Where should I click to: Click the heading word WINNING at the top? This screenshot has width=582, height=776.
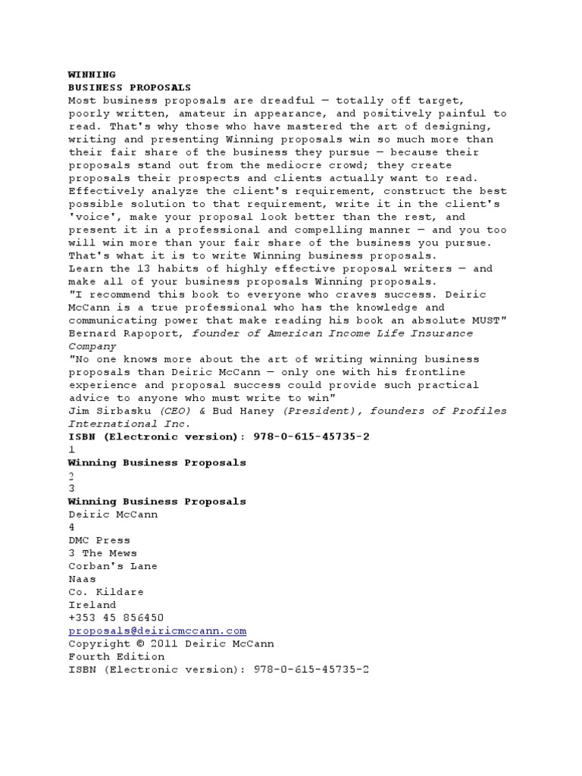click(92, 74)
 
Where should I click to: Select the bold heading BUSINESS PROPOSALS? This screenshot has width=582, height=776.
click(130, 87)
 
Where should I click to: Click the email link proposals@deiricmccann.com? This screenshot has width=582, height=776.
click(158, 630)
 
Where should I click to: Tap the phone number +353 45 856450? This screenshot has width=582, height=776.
click(116, 618)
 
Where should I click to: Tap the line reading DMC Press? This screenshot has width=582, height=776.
click(99, 540)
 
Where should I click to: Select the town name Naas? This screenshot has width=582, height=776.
click(81, 579)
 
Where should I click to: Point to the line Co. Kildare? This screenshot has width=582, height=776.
click(106, 592)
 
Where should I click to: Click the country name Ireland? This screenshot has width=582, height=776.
click(91, 605)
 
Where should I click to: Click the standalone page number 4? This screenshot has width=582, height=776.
click(71, 527)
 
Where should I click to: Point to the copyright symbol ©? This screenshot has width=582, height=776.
click(142, 643)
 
